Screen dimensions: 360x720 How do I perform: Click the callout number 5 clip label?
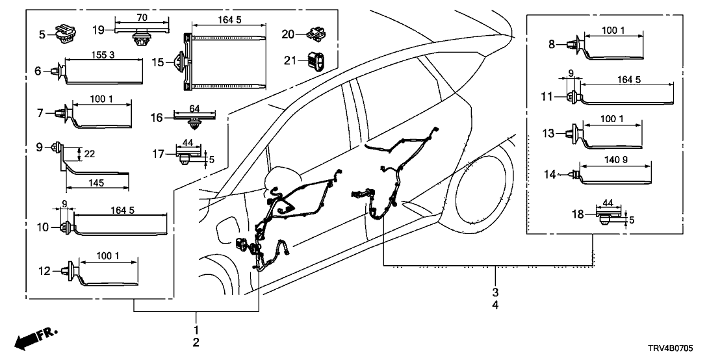(42, 32)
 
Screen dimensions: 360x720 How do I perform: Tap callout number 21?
(289, 60)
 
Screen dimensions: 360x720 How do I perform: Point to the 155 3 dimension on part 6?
(103, 56)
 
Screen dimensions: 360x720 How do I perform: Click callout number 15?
(158, 62)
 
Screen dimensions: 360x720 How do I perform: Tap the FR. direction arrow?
(36, 338)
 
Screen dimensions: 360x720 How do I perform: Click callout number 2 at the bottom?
(196, 342)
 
